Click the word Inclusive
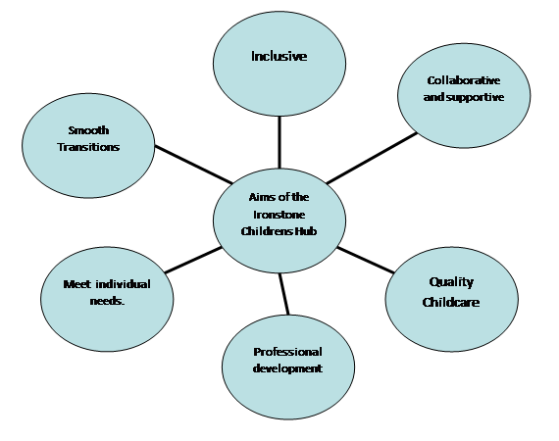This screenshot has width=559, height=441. (x=279, y=56)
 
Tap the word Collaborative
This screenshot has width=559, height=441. (x=464, y=80)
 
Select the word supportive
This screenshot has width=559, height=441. (x=475, y=98)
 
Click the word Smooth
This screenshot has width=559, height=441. (x=88, y=130)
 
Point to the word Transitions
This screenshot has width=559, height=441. (x=88, y=147)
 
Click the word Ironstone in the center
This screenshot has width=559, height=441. (x=279, y=215)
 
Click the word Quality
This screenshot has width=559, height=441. (x=451, y=282)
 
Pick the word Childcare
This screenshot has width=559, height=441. (x=451, y=302)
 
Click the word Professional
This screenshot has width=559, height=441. (x=287, y=352)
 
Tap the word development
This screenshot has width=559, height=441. (x=287, y=368)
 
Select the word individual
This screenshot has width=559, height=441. (x=123, y=284)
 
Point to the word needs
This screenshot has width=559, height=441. (x=107, y=301)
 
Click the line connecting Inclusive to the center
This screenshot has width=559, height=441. (x=279, y=142)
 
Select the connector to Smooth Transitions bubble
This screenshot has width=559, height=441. (x=193, y=165)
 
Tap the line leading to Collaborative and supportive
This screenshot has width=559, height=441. (x=372, y=158)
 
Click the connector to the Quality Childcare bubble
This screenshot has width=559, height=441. (x=366, y=260)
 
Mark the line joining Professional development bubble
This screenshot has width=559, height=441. (x=284, y=294)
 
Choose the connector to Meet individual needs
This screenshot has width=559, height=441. (x=193, y=261)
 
